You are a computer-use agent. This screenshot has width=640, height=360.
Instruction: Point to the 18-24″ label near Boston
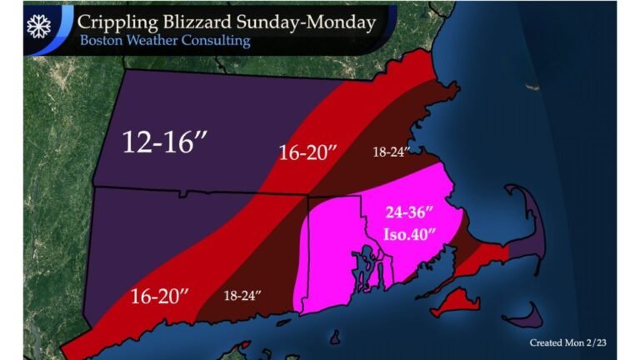[391, 153]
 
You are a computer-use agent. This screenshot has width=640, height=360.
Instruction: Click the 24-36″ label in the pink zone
[407, 212]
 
